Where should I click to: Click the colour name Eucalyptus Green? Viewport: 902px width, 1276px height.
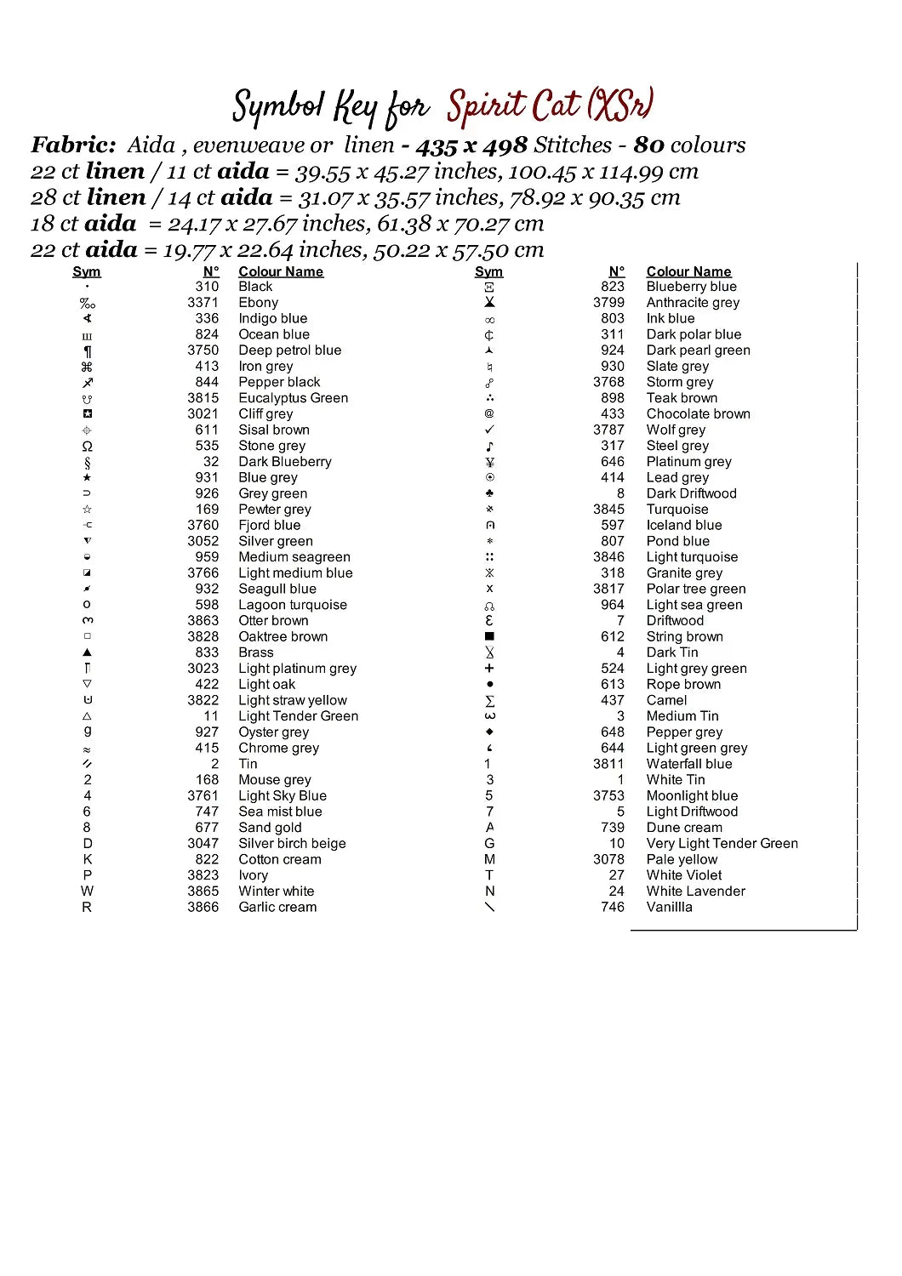point(293,398)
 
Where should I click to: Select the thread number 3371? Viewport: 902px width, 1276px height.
point(203,303)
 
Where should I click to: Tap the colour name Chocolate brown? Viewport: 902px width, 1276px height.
point(698,414)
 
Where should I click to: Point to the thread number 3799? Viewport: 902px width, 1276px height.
point(608,303)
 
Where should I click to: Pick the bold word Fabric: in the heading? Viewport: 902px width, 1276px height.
point(73,145)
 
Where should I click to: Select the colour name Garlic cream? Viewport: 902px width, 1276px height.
point(277,908)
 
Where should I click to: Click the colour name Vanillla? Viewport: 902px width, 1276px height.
point(669,908)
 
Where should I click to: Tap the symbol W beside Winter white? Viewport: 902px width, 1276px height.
point(87,891)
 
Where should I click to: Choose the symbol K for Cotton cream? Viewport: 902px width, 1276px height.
point(87,860)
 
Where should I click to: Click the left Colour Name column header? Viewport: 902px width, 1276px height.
point(281,272)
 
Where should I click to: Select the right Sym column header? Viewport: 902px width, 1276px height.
point(488,272)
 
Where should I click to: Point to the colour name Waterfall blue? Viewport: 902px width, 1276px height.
point(688,764)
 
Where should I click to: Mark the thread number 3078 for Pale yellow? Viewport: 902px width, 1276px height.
point(608,860)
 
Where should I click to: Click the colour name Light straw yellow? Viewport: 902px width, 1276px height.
point(293,701)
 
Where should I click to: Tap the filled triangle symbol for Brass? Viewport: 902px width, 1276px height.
point(87,652)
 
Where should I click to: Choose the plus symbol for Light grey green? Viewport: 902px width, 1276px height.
point(489,669)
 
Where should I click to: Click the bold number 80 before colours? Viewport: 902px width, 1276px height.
point(648,145)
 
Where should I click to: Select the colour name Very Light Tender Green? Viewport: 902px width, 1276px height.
point(722,844)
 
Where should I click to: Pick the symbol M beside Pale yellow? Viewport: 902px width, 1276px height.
point(489,860)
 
